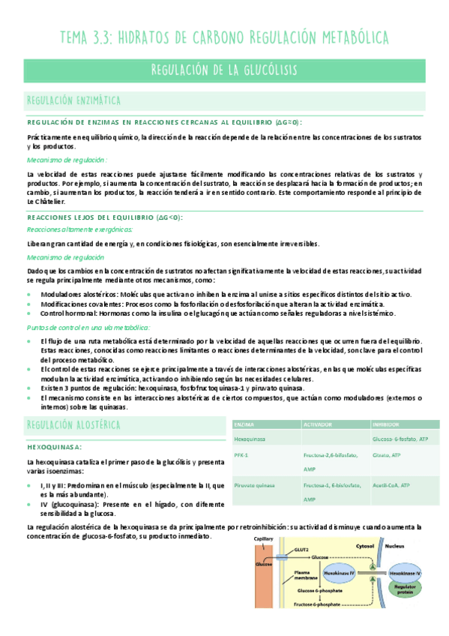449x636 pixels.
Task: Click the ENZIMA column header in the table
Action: pos(244,423)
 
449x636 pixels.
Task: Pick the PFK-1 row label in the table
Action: pos(241,454)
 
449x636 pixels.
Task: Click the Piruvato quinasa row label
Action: pos(255,485)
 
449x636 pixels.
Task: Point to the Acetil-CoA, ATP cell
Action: pos(391,485)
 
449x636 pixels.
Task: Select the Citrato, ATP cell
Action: pos(386,454)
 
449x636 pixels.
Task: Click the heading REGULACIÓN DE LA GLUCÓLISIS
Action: pos(224,70)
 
